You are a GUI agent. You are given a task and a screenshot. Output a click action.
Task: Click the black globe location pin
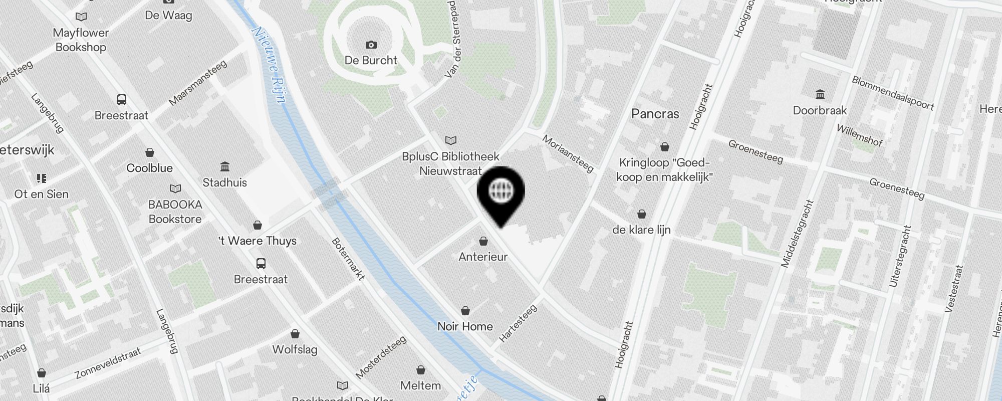tap(500, 193)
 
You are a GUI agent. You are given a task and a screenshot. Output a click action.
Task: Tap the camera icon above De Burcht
tap(371, 45)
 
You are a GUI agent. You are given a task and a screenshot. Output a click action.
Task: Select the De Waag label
tap(168, 15)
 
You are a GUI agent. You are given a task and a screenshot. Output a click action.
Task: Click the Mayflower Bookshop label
tap(81, 40)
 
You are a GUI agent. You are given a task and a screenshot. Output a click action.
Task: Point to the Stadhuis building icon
tap(225, 166)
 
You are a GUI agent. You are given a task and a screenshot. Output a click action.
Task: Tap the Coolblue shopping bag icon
tap(150, 152)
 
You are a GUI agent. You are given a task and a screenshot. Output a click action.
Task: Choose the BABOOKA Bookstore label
tap(175, 212)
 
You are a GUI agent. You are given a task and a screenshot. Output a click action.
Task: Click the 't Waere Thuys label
tap(258, 241)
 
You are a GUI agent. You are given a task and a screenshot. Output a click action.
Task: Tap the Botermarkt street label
tap(348, 259)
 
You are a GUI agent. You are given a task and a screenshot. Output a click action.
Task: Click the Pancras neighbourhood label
tap(655, 114)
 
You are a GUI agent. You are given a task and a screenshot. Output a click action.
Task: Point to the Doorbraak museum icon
tap(820, 94)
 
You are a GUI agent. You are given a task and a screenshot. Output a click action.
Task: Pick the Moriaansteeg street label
tap(568, 153)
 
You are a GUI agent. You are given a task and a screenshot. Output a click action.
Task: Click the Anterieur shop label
tap(483, 257)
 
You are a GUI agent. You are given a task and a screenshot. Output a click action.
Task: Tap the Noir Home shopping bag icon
tap(465, 311)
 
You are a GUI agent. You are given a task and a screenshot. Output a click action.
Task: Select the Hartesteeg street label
tap(518, 323)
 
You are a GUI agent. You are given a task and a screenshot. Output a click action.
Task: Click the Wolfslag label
tap(295, 349)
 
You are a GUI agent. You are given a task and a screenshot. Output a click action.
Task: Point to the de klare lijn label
tap(641, 230)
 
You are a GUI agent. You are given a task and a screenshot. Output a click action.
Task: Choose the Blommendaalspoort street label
tap(893, 93)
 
